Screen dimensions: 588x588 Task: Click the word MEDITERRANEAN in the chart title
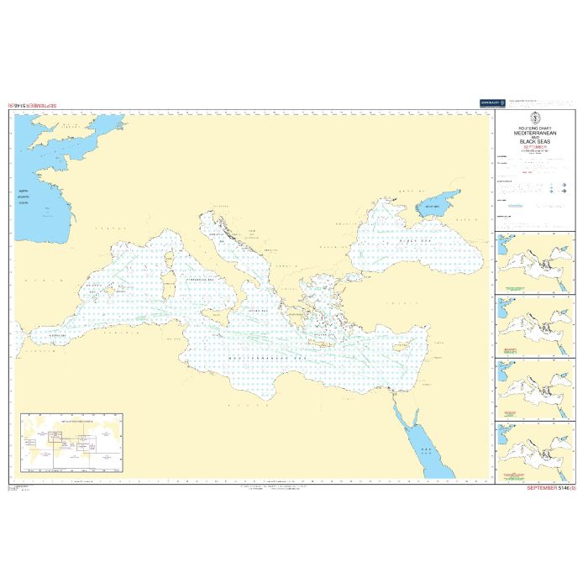click(x=534, y=133)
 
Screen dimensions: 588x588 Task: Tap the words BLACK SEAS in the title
click(x=534, y=142)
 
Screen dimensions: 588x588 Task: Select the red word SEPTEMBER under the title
click(x=534, y=148)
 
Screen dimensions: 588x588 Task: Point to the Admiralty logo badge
click(x=491, y=103)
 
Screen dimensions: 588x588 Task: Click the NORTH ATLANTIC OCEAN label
click(x=29, y=198)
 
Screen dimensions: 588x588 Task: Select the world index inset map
click(x=71, y=440)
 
